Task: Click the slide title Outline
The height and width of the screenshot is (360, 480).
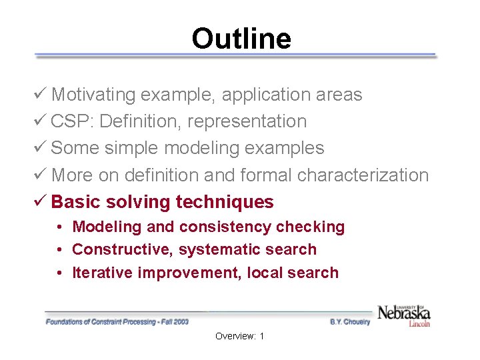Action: coord(241,39)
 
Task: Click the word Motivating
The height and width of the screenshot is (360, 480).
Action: coord(93,95)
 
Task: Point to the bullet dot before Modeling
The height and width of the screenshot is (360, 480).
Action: coord(60,227)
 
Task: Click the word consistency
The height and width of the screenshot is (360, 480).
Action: coord(223,227)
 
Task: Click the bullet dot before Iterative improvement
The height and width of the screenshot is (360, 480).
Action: coord(60,273)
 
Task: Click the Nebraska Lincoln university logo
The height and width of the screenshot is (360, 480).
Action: coord(403,315)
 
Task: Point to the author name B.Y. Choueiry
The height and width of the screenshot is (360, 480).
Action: coord(349,322)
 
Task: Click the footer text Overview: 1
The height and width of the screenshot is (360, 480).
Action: coord(239,337)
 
